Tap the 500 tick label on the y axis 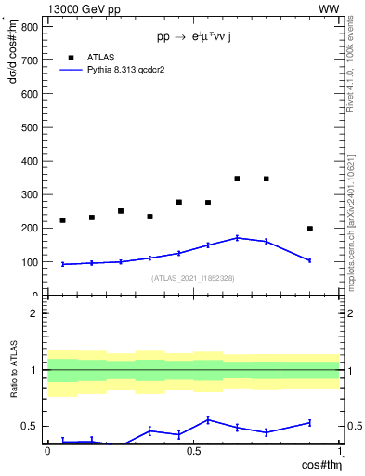[x=29, y=127]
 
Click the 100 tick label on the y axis [x=29, y=262]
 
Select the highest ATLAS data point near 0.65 [x=237, y=178]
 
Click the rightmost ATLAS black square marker [x=310, y=229]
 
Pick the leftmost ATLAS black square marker [x=62, y=220]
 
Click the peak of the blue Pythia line [x=237, y=238]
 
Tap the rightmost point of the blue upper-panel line [x=310, y=260]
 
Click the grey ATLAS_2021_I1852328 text [x=192, y=278]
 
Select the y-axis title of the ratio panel [x=12, y=370]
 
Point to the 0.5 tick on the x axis [x=193, y=451]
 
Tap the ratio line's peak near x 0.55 [x=208, y=419]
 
